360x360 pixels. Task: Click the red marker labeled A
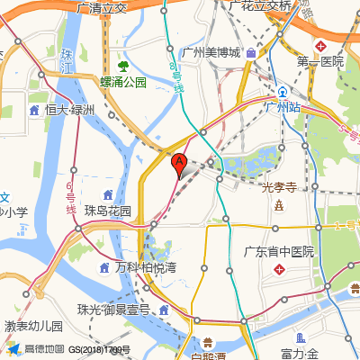coord(179,164)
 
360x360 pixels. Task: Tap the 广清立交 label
coord(103,7)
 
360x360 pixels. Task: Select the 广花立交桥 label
coord(260,5)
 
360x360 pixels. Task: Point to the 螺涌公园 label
coord(122,82)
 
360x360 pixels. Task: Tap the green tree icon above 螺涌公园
coord(123,66)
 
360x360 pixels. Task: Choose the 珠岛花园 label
coord(108,211)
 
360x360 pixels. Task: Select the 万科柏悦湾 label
coord(146,267)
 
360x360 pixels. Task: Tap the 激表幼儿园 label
coord(33,326)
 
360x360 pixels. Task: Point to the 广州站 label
coord(282,106)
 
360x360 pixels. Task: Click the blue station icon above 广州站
coord(282,91)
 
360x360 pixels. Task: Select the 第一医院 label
coord(320,61)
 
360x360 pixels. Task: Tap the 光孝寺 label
coord(279,188)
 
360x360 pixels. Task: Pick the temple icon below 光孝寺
coord(279,206)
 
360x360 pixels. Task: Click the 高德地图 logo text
coord(44,349)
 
